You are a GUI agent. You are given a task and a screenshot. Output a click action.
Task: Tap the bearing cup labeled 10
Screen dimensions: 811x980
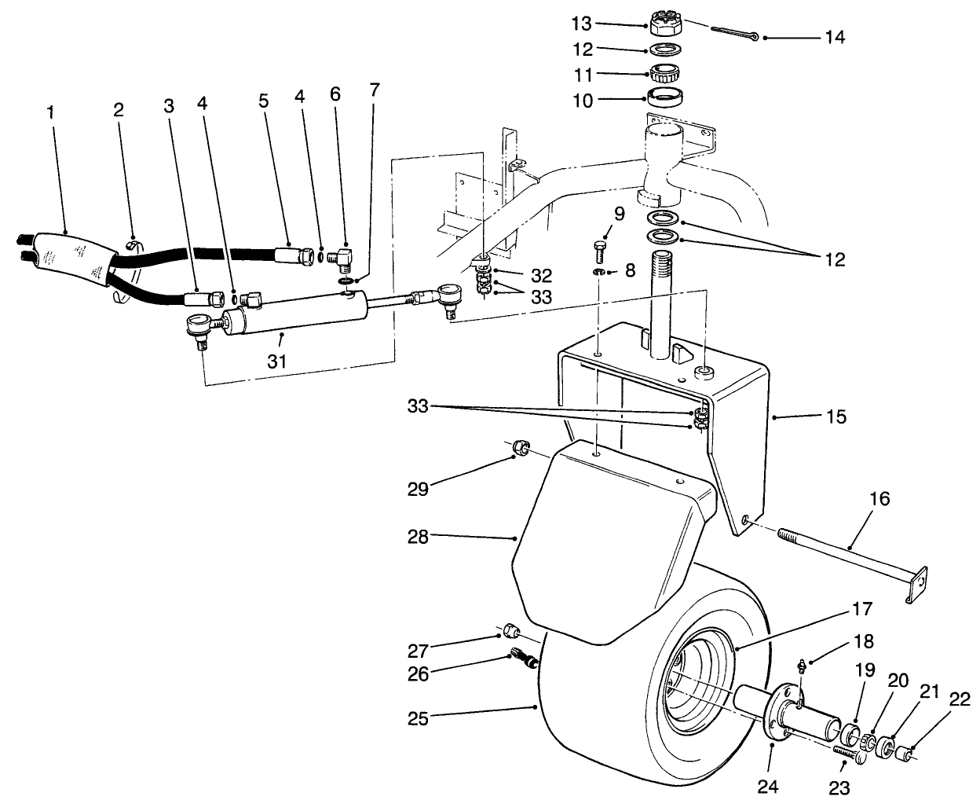click(666, 99)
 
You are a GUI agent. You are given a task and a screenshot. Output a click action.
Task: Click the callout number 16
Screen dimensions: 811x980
click(880, 499)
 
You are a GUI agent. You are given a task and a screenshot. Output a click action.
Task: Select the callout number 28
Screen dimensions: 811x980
click(419, 537)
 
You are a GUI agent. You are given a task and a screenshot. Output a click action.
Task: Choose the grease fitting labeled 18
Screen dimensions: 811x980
click(799, 667)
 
